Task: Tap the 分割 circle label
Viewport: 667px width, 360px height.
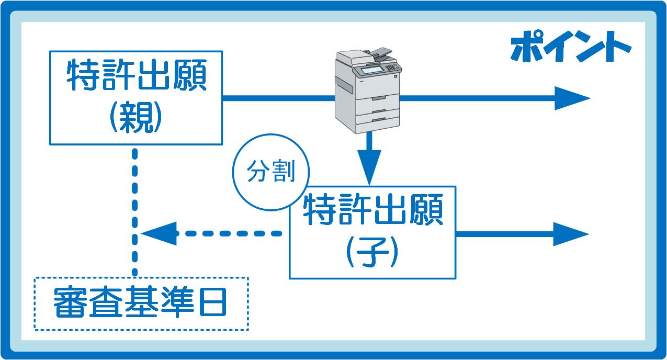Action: (x=271, y=171)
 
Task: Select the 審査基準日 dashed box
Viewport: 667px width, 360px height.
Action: (x=141, y=277)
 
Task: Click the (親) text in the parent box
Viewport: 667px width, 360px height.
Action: (x=136, y=117)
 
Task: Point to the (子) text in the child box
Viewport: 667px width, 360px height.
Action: (x=372, y=252)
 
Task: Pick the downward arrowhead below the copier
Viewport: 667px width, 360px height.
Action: (x=369, y=167)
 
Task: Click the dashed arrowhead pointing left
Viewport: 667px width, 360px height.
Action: (x=159, y=234)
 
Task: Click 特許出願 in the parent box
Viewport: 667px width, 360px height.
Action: (x=137, y=75)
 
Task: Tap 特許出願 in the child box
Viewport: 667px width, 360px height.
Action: (x=373, y=209)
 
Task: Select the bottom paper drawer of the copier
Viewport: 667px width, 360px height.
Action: (x=378, y=120)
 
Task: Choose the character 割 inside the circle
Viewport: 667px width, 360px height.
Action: (x=284, y=171)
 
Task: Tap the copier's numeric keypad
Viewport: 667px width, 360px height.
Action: (x=390, y=67)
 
